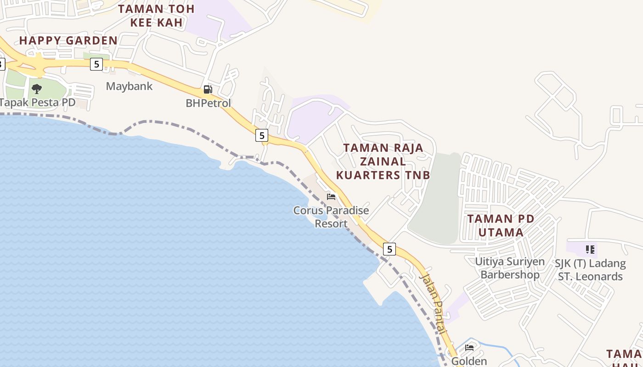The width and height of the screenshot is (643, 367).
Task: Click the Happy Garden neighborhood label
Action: tap(68, 40)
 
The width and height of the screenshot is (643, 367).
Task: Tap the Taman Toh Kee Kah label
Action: tap(156, 15)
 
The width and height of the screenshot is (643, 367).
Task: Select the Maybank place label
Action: tap(129, 86)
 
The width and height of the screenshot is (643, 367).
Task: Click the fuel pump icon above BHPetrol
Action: tap(208, 89)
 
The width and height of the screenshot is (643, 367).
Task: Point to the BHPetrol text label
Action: tap(208, 103)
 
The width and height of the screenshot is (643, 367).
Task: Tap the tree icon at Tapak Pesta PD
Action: tap(37, 89)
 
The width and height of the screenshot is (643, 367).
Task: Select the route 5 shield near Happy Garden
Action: tap(96, 64)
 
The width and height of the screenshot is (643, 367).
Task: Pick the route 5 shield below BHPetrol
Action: tap(262, 135)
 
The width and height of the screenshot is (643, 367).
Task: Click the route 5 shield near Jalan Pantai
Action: tap(389, 249)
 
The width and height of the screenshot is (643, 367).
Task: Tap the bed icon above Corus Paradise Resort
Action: tap(331, 197)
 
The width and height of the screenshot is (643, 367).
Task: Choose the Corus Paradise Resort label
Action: tap(331, 217)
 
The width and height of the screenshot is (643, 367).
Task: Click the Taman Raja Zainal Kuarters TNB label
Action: tap(383, 161)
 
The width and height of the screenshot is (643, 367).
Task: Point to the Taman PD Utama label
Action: tap(501, 225)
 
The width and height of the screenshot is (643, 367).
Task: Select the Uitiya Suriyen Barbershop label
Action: tap(510, 268)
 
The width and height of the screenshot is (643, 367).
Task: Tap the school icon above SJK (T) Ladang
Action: tap(590, 250)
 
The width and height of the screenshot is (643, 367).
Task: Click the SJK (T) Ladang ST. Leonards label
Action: tap(590, 270)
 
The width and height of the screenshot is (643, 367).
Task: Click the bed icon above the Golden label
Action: tap(469, 347)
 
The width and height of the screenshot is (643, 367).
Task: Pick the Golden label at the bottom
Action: tap(469, 361)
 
